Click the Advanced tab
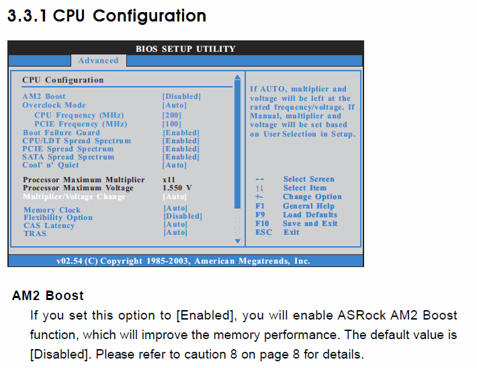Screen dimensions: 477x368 coord(98,61)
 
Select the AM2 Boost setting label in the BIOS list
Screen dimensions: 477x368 coord(44,96)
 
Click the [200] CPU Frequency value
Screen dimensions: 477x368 coord(172,115)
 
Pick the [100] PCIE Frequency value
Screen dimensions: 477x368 coord(172,124)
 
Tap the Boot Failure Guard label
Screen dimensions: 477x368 coord(61,133)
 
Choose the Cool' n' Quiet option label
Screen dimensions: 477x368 coord(50,165)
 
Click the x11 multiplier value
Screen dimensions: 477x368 coord(169,180)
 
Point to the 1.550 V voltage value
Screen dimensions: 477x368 coord(177,188)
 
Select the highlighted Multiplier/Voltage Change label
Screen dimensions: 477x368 coord(74,196)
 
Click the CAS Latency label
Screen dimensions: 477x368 coord(49,225)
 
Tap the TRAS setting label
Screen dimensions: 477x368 coord(35,233)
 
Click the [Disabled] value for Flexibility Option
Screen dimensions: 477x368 coord(183,216)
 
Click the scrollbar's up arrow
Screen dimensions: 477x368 coord(238,77)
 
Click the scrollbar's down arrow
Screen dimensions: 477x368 coord(238,241)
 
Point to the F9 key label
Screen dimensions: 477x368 coord(260,215)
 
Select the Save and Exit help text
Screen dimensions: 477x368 coord(310,223)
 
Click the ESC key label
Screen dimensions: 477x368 coord(263,232)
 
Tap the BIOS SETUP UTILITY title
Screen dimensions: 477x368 coord(185,48)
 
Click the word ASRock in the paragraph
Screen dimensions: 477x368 coord(361,315)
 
